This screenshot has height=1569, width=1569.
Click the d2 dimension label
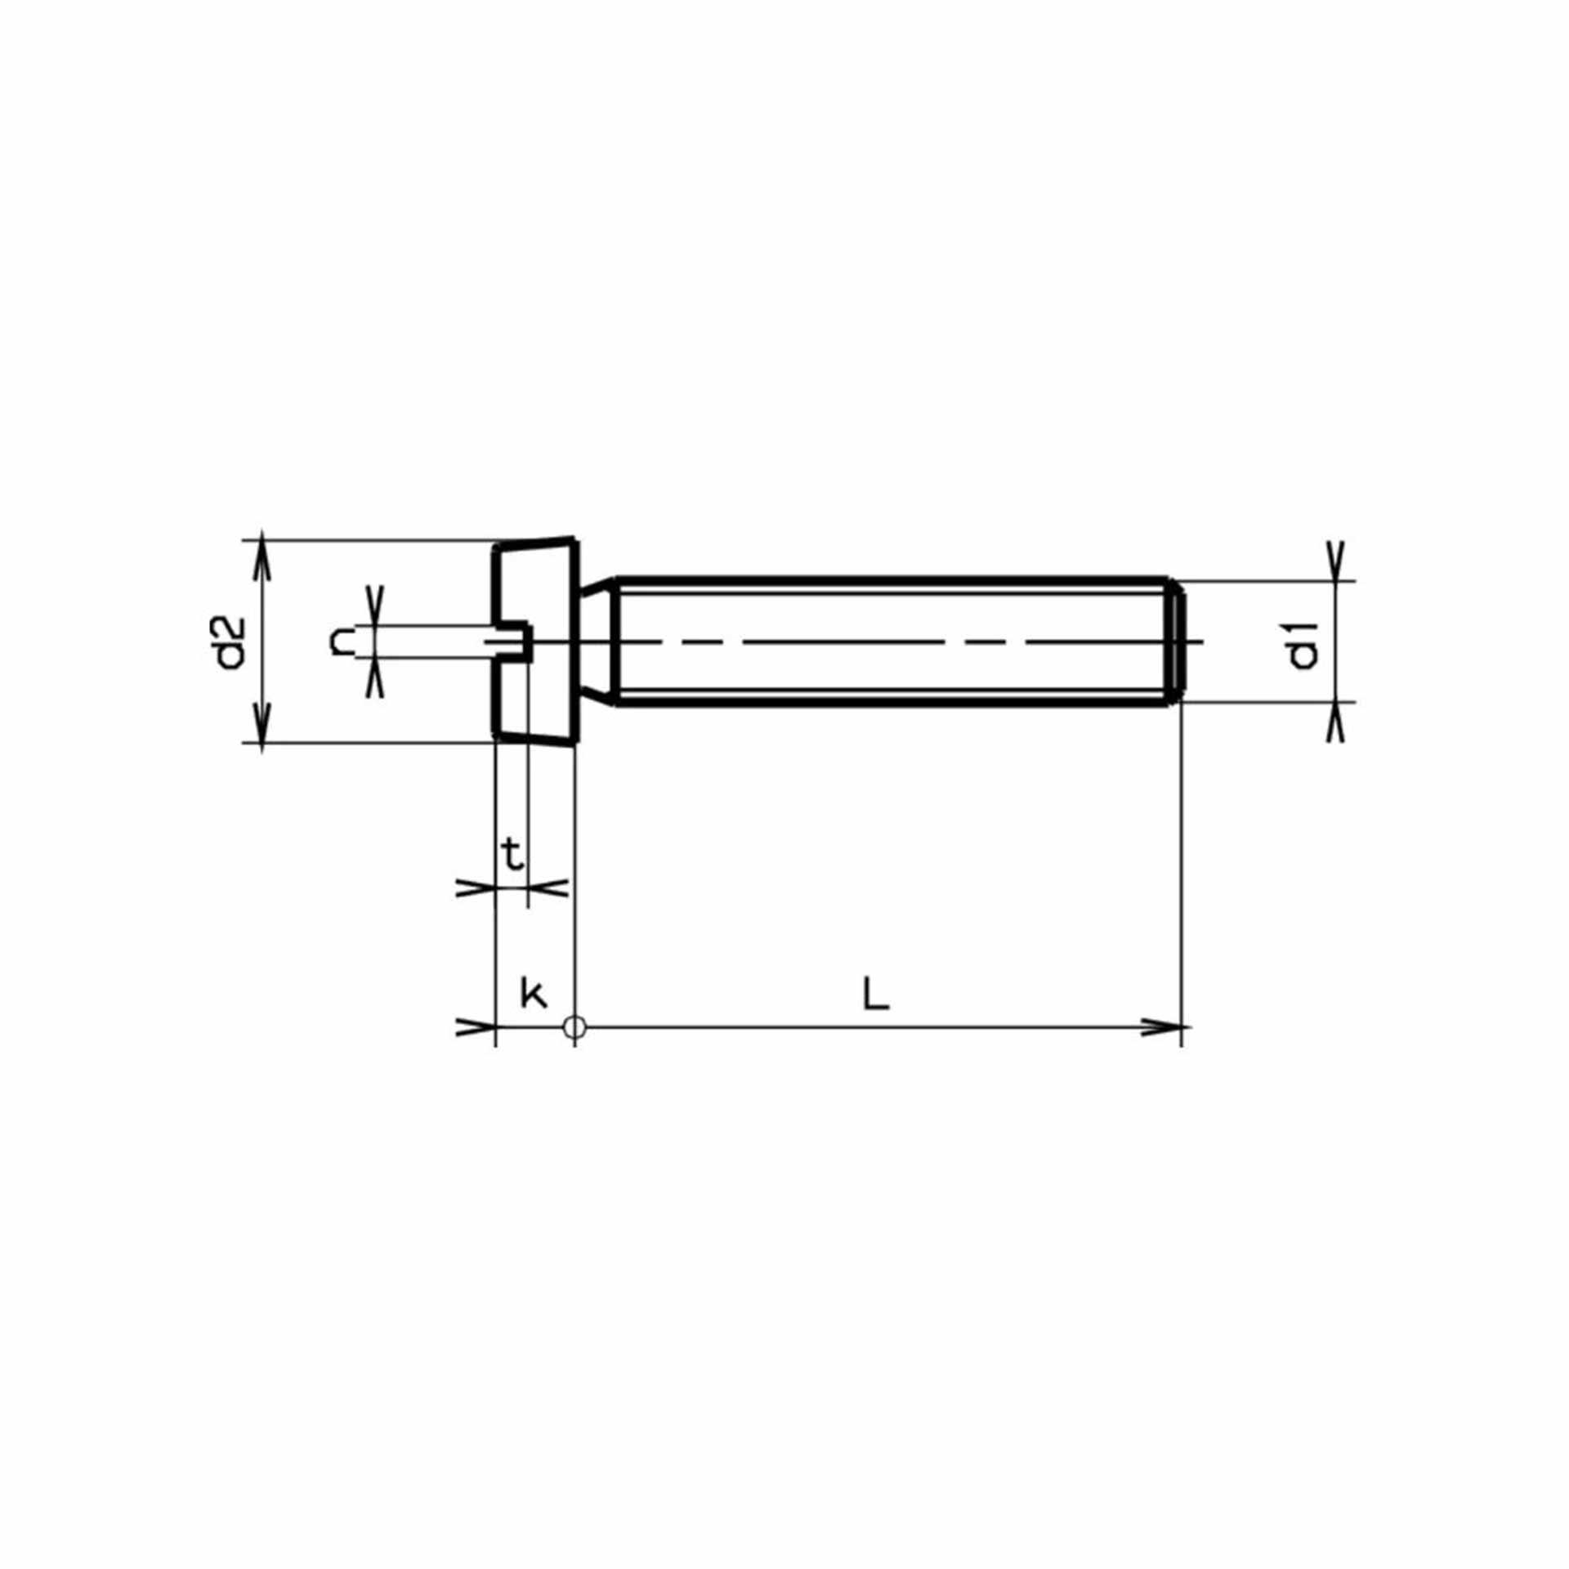tap(233, 642)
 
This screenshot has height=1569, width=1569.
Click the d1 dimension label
tap(1303, 645)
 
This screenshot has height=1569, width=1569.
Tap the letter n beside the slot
tap(342, 641)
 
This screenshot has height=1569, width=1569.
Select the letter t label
tap(512, 855)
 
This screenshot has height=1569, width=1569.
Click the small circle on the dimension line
tap(574, 1026)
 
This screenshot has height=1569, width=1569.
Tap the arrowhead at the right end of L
tap(1163, 1027)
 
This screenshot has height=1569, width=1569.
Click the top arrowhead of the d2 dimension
tap(261, 560)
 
